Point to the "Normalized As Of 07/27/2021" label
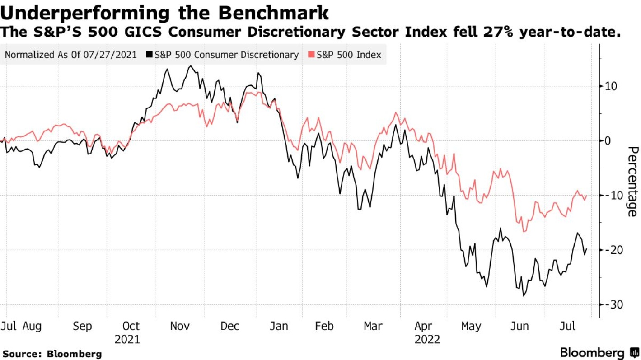pyautogui.click(x=70, y=55)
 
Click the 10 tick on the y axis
pyautogui.click(x=611, y=86)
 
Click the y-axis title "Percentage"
pyautogui.click(x=632, y=181)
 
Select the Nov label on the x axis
pyautogui.click(x=180, y=326)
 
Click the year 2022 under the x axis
pyautogui.click(x=427, y=339)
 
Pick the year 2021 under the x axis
pyautogui.click(x=127, y=339)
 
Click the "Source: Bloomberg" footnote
pyautogui.click(x=52, y=354)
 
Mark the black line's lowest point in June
pyautogui.click(x=524, y=296)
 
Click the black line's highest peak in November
pyautogui.click(x=191, y=66)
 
